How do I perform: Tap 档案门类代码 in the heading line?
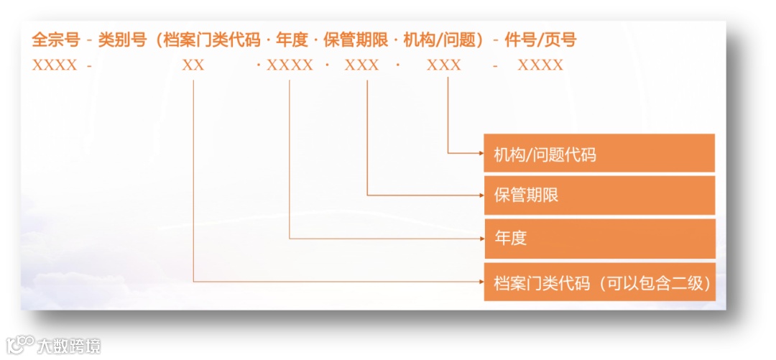tap(211, 40)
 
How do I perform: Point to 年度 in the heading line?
tap(291, 40)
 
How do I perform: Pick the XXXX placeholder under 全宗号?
tap(55, 65)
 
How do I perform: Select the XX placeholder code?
tap(193, 65)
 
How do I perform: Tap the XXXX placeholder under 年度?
tap(290, 65)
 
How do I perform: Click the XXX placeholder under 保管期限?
tap(361, 65)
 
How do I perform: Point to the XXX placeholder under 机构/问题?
tap(444, 65)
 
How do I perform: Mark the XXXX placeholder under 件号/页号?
tap(540, 65)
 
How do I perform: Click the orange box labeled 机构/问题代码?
tap(599, 153)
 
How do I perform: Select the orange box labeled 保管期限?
tap(599, 195)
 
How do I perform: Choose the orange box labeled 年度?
tap(599, 238)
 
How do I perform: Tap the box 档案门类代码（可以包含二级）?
tap(599, 282)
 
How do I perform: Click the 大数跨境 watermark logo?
tap(54, 346)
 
